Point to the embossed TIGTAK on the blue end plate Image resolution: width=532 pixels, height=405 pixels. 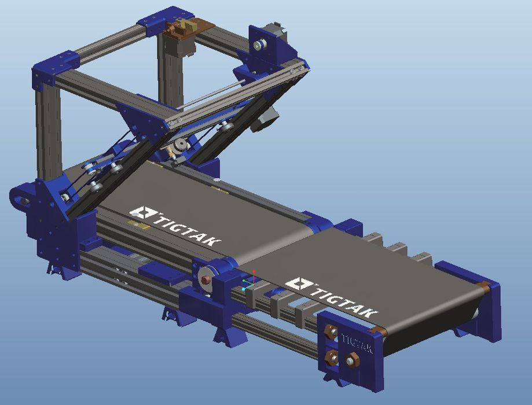(x=357, y=344)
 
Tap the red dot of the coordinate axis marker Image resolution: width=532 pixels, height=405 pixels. (x=254, y=272)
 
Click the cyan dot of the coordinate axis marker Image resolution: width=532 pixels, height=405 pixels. (x=243, y=289)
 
